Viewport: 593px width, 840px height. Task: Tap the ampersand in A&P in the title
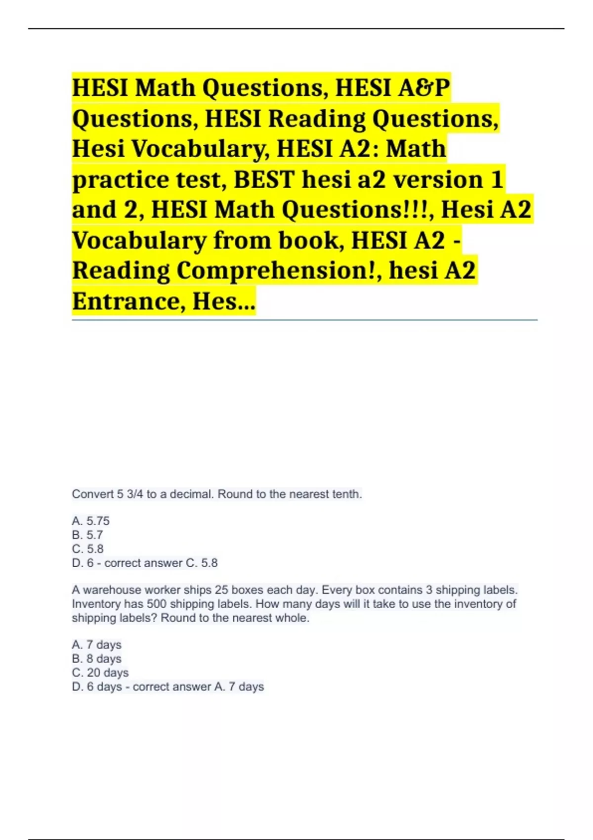(x=428, y=88)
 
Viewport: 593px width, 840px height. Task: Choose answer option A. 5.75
(x=91, y=521)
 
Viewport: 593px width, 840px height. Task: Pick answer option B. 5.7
(x=87, y=535)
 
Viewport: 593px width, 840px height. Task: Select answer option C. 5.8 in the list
(x=88, y=548)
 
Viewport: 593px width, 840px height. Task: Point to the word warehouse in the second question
(x=112, y=590)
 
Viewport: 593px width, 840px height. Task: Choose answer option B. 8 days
(x=97, y=659)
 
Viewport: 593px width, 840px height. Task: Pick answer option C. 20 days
(x=100, y=672)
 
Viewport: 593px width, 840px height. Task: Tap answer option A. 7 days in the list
(x=97, y=645)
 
